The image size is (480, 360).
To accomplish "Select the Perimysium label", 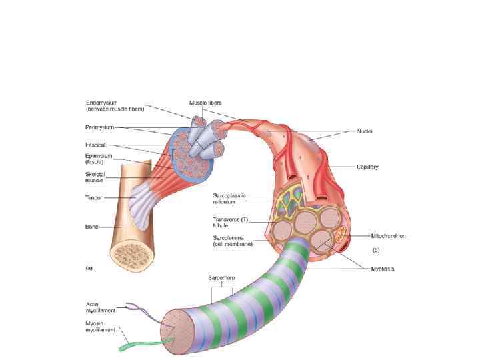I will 101,127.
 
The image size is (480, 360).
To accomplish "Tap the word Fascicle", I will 97,145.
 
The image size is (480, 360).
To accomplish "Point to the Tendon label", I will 95,197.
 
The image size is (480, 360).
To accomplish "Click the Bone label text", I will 92,227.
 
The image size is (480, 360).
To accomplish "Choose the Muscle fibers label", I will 205,103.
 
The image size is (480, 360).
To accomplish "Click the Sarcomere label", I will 220,277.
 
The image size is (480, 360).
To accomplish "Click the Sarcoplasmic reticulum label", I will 229,199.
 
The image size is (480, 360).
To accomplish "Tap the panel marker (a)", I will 90,269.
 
